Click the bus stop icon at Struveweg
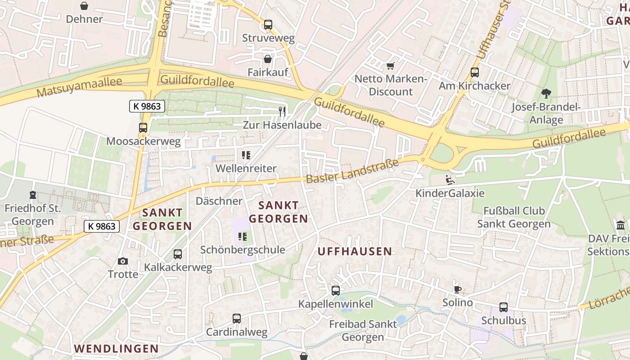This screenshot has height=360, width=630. (268, 25)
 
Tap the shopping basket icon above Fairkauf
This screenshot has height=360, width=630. (268, 59)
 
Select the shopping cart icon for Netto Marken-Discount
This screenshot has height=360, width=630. (390, 66)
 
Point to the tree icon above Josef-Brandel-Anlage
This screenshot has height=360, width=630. (546, 94)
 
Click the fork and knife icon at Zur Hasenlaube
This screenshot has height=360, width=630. (282, 111)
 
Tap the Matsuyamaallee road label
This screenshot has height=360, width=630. (79, 87)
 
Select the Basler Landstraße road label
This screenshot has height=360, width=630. (352, 171)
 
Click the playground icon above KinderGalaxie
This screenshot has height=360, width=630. (450, 180)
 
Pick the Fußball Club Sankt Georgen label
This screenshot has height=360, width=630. (514, 217)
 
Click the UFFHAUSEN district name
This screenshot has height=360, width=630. (355, 252)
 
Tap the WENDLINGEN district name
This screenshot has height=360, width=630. (116, 348)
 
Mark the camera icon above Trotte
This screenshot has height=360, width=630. (122, 261)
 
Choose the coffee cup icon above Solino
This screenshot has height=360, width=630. (458, 289)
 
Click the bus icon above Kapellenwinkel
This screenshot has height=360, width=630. (336, 291)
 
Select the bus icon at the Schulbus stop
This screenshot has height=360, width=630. (504, 307)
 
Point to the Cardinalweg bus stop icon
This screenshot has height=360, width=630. (237, 319)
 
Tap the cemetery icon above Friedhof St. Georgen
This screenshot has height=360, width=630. (32, 195)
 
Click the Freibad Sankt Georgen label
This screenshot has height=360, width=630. (363, 330)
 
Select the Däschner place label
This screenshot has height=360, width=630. (219, 201)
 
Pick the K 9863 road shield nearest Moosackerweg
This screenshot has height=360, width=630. (147, 106)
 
